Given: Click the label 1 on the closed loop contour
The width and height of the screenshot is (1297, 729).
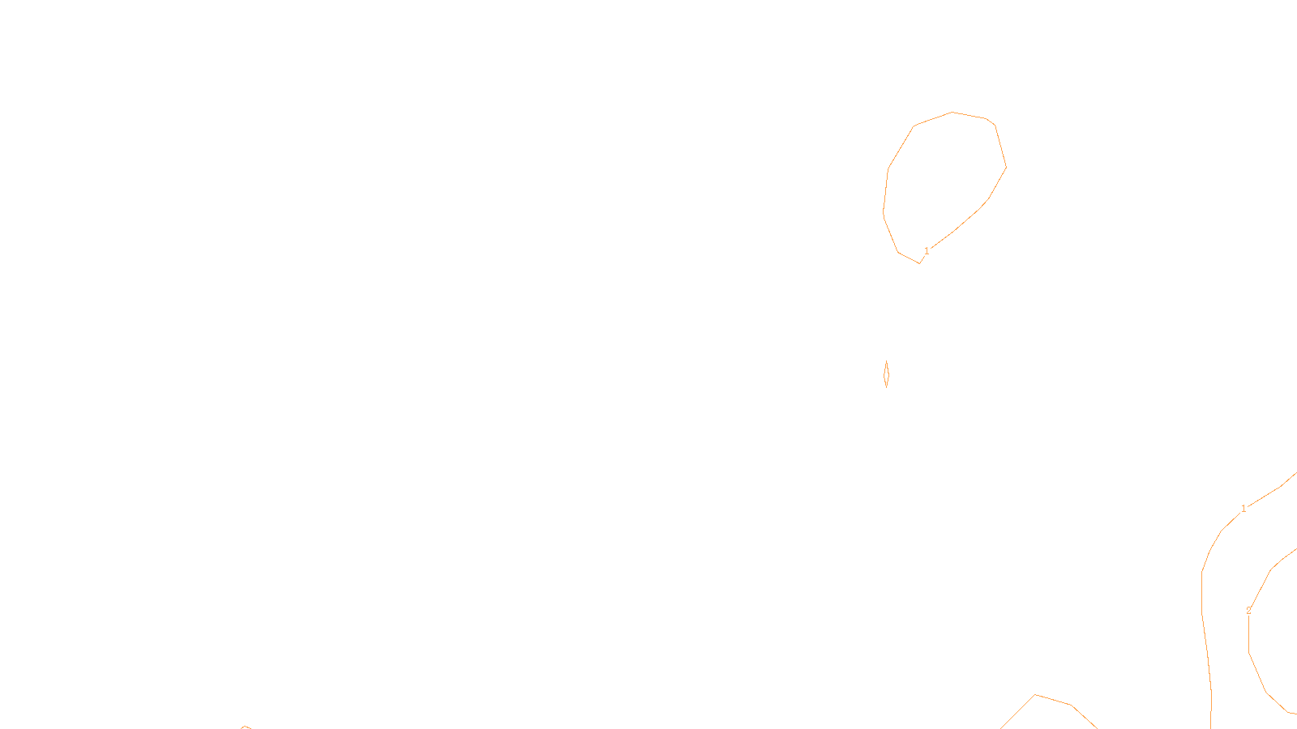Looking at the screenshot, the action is [x=927, y=251].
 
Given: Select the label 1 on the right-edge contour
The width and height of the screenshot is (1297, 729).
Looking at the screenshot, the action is [x=1243, y=509].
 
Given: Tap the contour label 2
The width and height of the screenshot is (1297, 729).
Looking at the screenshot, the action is [x=1248, y=611].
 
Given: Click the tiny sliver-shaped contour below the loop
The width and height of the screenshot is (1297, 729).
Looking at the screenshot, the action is [x=886, y=374].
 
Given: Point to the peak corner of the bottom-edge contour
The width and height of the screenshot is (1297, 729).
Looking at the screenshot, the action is [x=1035, y=694].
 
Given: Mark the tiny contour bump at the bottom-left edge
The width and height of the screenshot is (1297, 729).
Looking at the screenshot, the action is [x=245, y=727].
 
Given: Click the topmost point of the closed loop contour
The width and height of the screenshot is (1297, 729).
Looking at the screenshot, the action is [x=952, y=112].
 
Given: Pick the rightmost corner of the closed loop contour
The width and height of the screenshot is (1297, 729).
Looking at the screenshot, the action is [x=1006, y=168].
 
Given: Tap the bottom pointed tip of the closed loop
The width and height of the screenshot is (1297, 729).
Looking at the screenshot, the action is [x=919, y=263].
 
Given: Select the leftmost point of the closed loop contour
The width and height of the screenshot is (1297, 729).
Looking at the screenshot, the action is [x=883, y=215].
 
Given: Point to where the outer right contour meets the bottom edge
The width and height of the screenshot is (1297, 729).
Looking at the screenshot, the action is [x=1210, y=727].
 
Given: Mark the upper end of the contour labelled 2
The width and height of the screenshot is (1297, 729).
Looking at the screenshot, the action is [x=1295, y=549].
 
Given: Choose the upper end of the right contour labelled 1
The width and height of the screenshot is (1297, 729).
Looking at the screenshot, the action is [x=1295, y=474].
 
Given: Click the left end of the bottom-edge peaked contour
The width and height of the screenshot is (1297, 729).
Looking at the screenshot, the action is [x=1001, y=727].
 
